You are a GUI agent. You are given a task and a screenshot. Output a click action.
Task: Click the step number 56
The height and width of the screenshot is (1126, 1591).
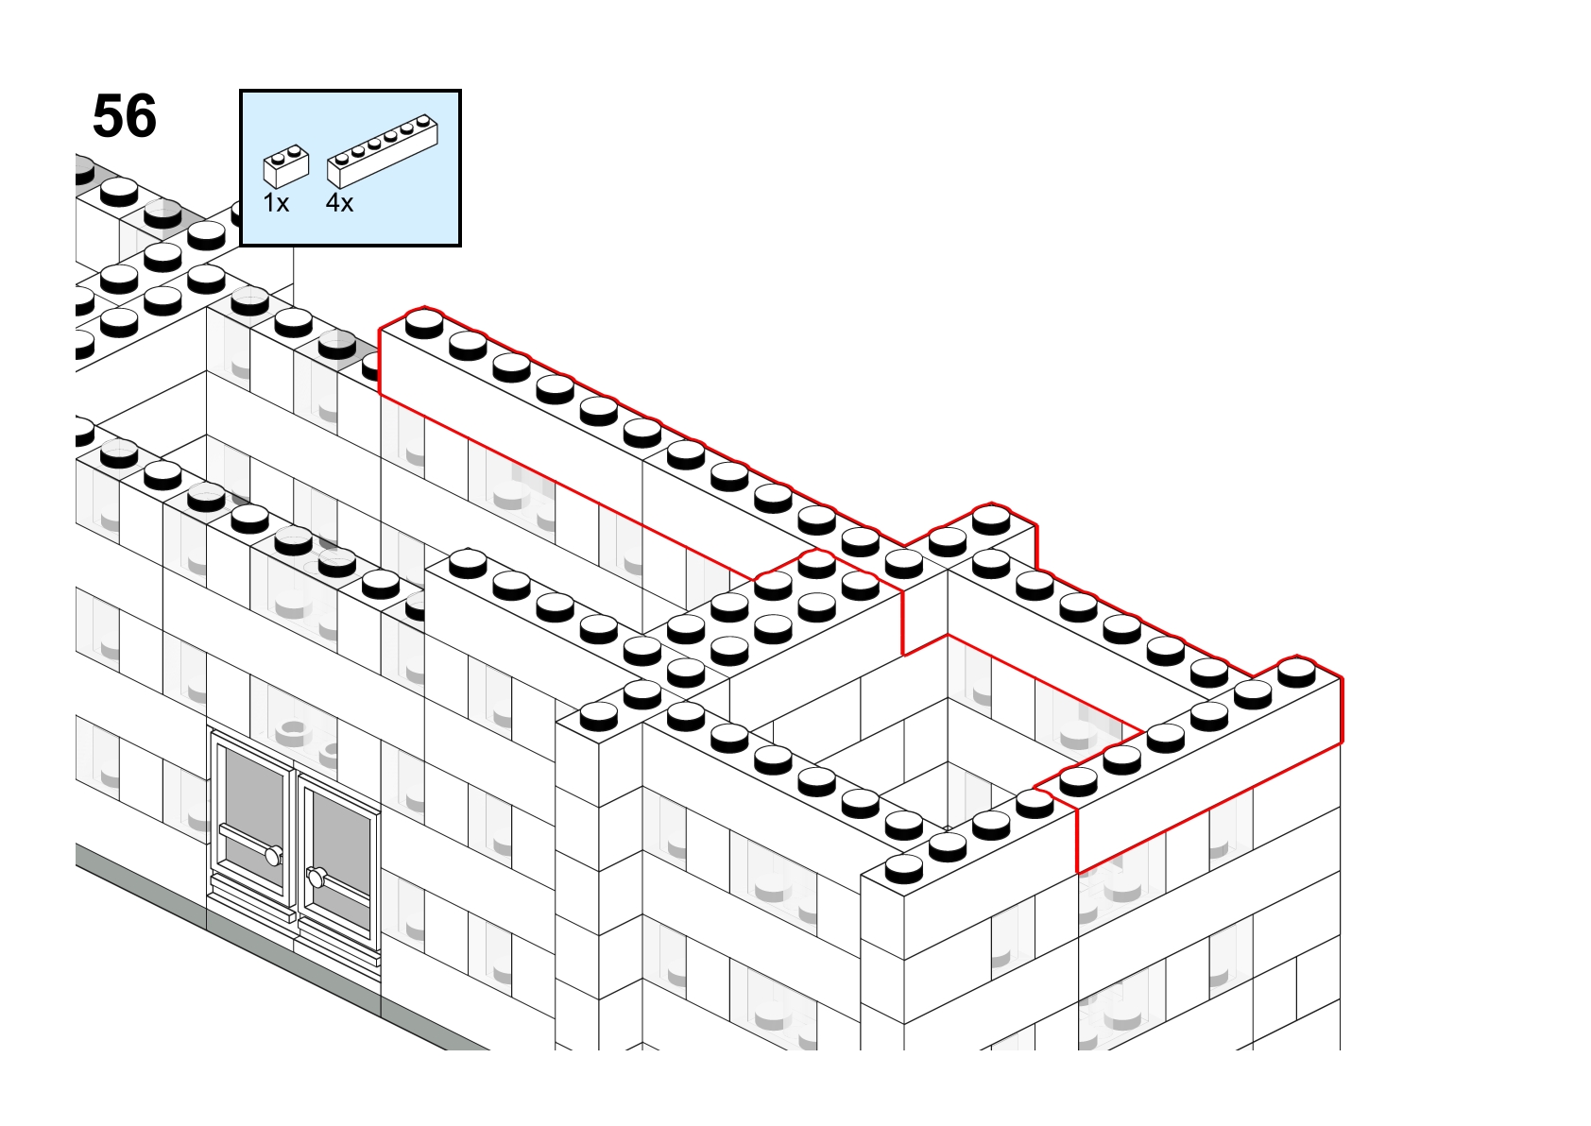pyautogui.click(x=125, y=116)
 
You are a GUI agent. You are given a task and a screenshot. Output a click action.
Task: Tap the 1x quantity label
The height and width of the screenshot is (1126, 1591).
pyautogui.click(x=276, y=203)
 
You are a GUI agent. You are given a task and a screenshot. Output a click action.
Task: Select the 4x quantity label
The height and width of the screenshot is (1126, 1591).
pyautogui.click(x=339, y=203)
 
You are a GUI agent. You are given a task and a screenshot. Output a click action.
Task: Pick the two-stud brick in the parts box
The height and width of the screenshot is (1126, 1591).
pyautogui.click(x=286, y=166)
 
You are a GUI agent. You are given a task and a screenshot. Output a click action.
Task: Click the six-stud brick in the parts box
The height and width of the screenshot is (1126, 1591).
pyautogui.click(x=382, y=151)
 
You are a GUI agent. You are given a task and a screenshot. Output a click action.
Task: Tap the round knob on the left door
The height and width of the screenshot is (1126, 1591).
pyautogui.click(x=273, y=856)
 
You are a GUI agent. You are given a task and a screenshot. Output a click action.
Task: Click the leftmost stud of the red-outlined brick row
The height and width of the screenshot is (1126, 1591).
pyautogui.click(x=424, y=323)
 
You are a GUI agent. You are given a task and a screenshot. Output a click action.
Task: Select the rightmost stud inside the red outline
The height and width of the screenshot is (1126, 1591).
pyautogui.click(x=1296, y=672)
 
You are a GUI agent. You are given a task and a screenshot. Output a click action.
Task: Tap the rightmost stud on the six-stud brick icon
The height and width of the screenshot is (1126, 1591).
pyautogui.click(x=424, y=121)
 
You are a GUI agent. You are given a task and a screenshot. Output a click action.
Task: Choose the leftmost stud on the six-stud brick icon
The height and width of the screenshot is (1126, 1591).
pyautogui.click(x=342, y=158)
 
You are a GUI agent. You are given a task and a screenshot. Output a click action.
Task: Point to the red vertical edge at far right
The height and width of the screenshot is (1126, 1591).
pyautogui.click(x=1342, y=710)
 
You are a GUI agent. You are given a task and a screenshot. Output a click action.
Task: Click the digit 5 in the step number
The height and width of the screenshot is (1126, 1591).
pyautogui.click(x=108, y=116)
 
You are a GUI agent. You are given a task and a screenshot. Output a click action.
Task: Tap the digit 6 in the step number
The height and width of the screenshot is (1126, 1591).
pyautogui.click(x=142, y=116)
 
